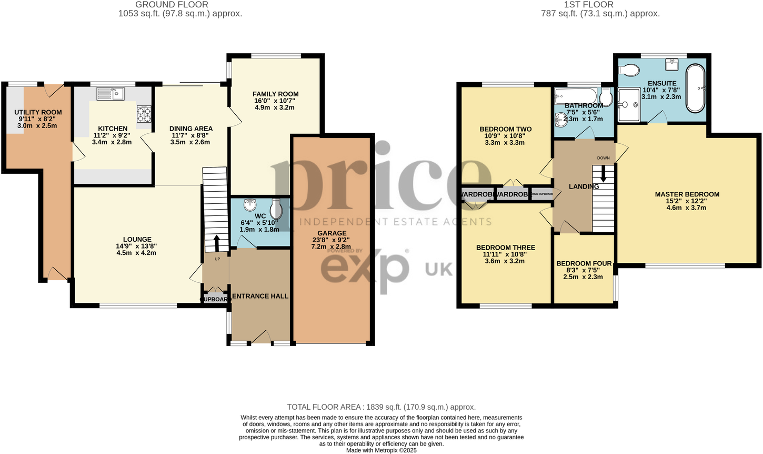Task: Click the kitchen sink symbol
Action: coord(110,93)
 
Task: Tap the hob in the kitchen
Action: coord(144,114)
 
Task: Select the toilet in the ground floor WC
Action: coord(276,209)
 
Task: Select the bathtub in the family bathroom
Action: coord(576,96)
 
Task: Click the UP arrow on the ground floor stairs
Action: coord(216,244)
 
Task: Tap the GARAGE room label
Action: coord(332,233)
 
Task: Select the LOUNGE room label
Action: coord(137,240)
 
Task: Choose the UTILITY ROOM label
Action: coord(38,112)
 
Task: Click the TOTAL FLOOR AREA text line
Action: coord(381,407)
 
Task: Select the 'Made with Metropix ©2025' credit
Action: coord(381,450)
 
